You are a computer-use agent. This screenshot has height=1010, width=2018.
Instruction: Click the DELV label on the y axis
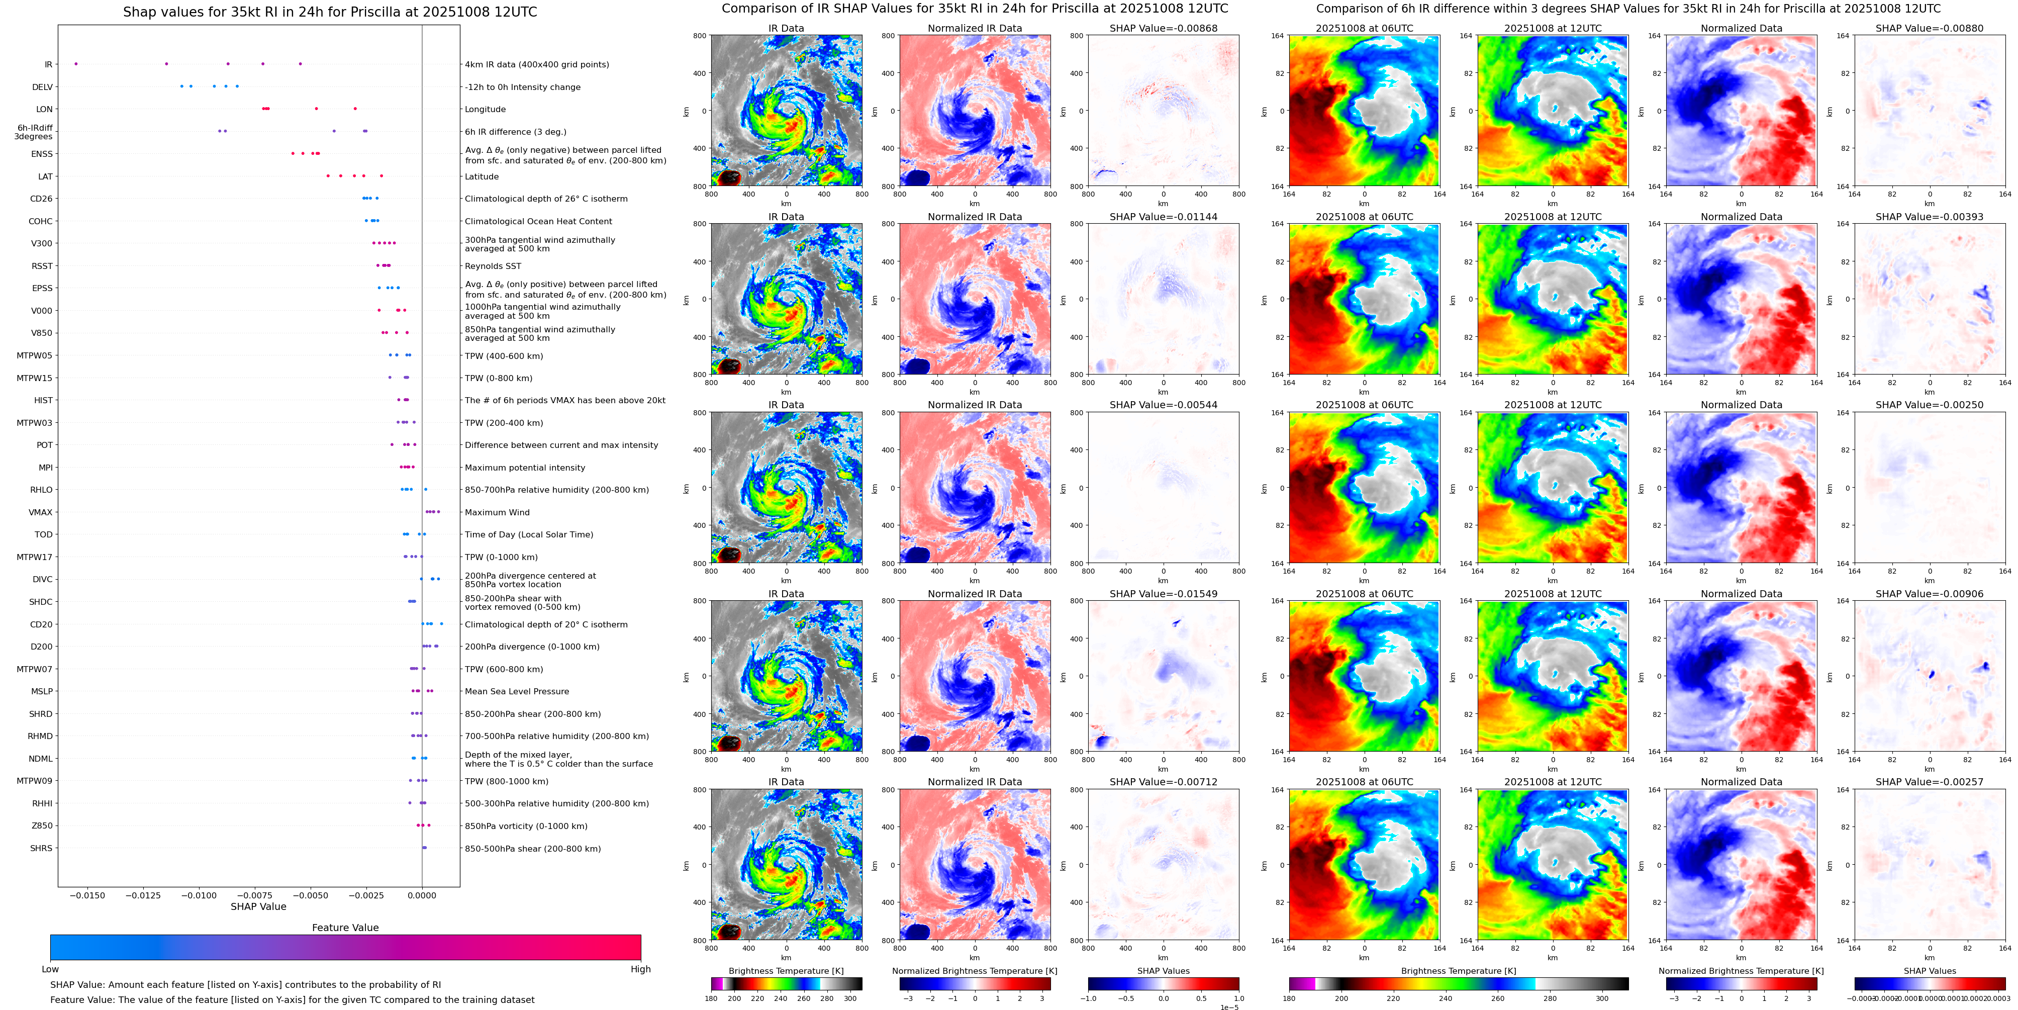(x=42, y=87)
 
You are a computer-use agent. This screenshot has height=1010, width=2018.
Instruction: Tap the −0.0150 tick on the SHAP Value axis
(x=88, y=895)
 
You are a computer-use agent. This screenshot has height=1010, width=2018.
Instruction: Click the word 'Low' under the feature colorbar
(x=50, y=969)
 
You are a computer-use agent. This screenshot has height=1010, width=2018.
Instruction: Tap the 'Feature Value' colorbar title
(x=345, y=928)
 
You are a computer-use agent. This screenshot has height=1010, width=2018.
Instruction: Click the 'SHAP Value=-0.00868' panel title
(x=1164, y=28)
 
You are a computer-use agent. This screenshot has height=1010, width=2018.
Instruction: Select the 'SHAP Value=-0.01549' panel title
(x=1164, y=594)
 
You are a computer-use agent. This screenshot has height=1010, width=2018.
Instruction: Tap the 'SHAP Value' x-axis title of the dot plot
(x=258, y=906)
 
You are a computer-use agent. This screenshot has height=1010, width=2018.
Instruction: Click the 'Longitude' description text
(x=485, y=110)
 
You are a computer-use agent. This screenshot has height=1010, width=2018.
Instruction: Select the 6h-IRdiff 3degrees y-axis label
(x=34, y=132)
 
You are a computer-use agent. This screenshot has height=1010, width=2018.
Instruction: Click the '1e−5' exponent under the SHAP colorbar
(x=1229, y=1007)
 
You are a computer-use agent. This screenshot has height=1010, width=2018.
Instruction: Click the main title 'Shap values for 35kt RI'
(x=330, y=12)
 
